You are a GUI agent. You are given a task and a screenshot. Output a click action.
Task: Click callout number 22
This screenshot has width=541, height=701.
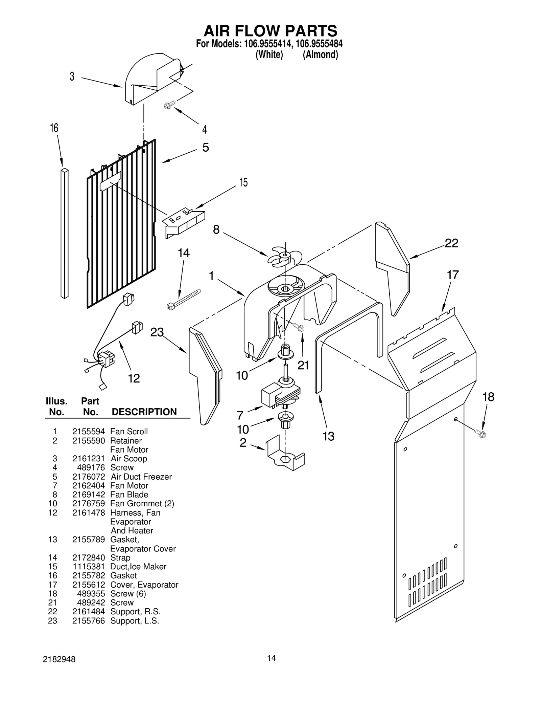(451, 243)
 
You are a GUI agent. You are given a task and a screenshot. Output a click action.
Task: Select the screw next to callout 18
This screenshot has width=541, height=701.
(480, 433)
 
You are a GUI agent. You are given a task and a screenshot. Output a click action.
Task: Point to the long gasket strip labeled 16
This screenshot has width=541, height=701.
(64, 234)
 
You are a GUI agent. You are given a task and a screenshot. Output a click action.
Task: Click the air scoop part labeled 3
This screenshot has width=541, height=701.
(149, 80)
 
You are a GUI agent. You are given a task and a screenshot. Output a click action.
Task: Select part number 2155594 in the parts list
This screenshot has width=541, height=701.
(88, 432)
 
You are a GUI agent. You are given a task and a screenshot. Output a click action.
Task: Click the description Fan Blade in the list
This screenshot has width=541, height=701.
(129, 495)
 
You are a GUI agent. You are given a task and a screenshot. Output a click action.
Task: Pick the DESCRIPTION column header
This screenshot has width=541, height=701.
(144, 412)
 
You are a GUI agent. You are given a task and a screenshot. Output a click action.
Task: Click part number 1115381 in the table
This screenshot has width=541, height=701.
(88, 567)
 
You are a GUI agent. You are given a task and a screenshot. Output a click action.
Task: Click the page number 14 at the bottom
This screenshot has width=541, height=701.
(271, 658)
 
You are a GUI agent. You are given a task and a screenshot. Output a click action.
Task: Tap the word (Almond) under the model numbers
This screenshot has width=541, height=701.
(320, 54)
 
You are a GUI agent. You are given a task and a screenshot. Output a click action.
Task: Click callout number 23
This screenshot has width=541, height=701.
(157, 332)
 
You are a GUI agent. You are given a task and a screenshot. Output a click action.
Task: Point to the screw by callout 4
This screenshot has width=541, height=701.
(169, 105)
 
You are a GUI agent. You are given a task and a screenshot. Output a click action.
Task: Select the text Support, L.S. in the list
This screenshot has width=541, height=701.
(135, 621)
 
